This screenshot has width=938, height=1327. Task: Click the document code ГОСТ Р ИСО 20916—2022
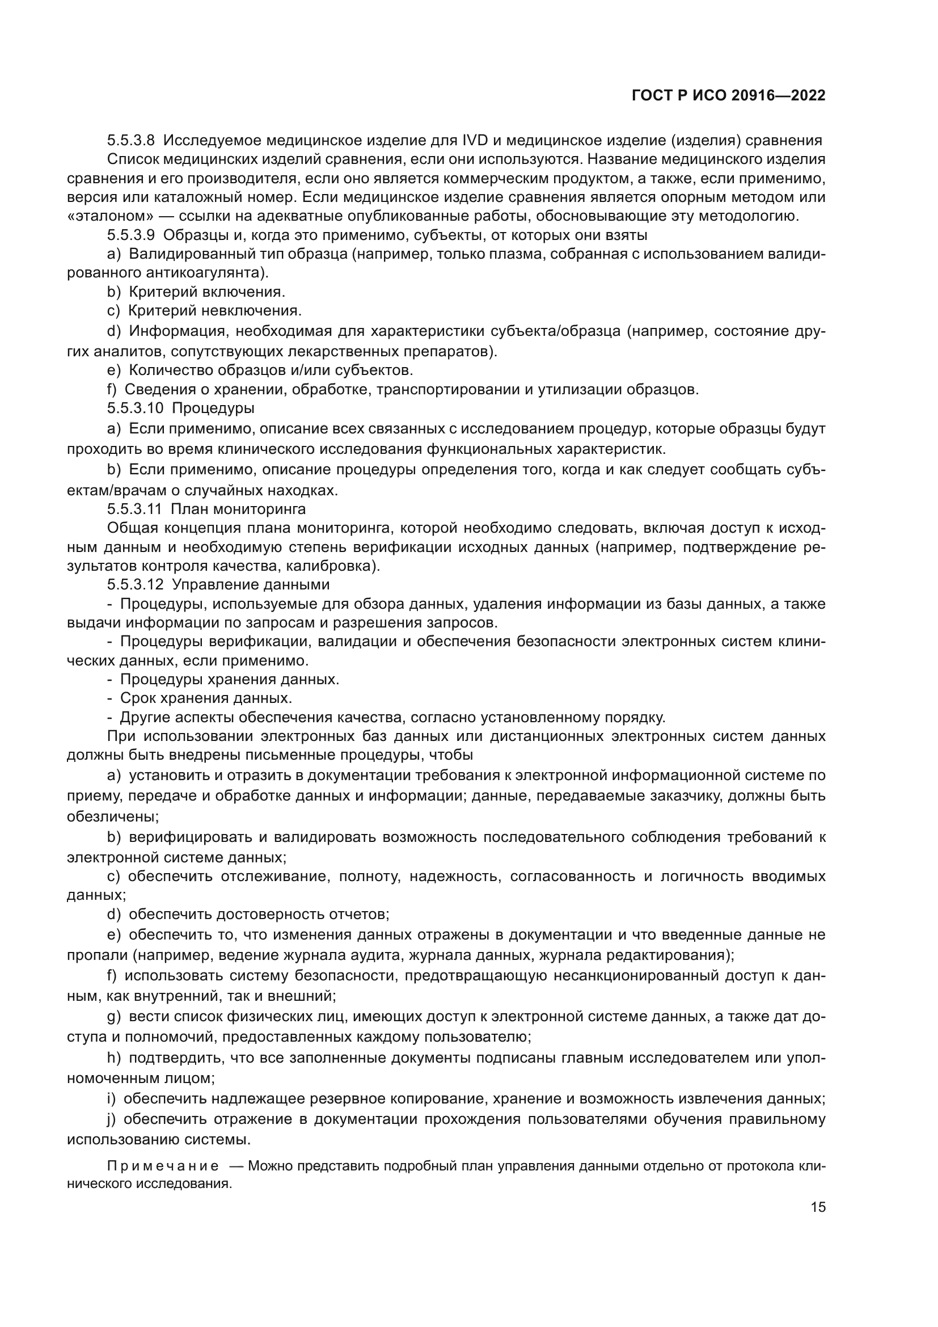pos(728,96)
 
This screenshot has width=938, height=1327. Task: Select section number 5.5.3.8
pos(130,141)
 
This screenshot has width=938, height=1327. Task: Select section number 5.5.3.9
pos(130,235)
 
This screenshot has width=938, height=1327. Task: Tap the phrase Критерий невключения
pos(215,311)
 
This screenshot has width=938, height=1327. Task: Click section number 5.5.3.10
pos(135,408)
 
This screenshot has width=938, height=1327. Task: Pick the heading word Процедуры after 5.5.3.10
pos(213,408)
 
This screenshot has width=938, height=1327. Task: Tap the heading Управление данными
pos(251,584)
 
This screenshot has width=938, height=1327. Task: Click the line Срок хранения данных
pos(206,698)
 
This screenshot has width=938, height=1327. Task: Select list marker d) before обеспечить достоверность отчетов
pos(114,915)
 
